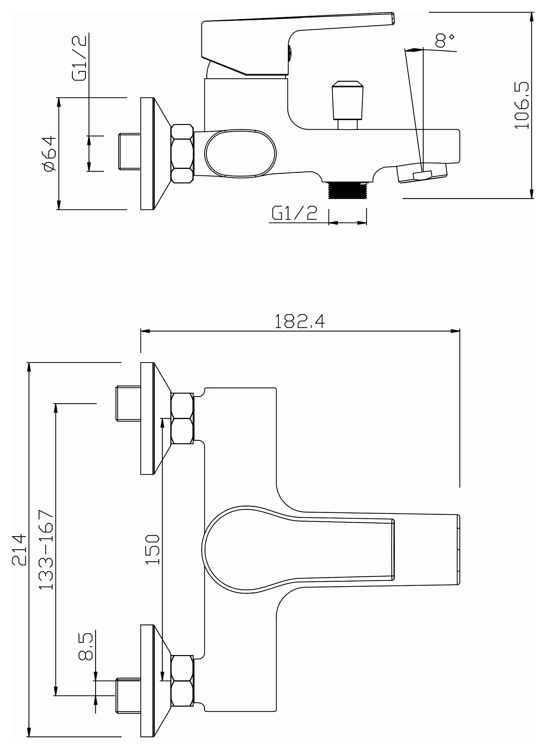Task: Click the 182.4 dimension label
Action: [x=300, y=321]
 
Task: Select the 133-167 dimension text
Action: [x=47, y=549]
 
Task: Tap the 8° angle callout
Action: [x=445, y=40]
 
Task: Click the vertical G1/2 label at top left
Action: [x=80, y=58]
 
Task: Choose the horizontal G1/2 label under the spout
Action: [x=295, y=213]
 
